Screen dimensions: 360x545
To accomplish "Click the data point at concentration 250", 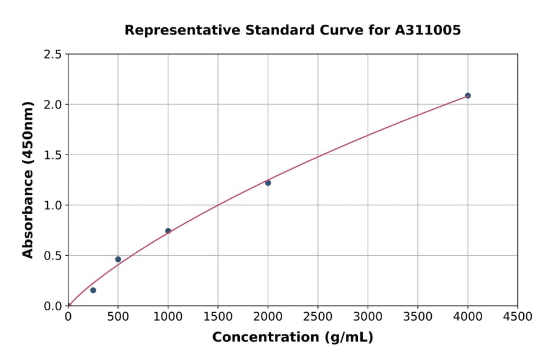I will (93, 290).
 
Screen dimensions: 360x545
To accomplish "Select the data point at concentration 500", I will (118, 259).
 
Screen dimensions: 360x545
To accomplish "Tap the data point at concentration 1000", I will (168, 231).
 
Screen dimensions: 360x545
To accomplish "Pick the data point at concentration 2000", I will (268, 183).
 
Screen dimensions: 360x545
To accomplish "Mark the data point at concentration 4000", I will (467, 96).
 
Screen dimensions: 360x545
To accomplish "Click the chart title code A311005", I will (428, 30).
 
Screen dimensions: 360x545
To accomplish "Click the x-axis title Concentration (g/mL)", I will (292, 338).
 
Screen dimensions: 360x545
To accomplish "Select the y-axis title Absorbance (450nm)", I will (28, 180).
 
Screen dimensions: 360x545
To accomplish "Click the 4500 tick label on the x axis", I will (517, 317).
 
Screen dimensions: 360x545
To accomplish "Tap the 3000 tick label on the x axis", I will (368, 317).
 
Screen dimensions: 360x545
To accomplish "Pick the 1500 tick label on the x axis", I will (218, 317).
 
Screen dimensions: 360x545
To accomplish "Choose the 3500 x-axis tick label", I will (418, 317).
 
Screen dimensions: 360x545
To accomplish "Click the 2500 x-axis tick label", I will (318, 317).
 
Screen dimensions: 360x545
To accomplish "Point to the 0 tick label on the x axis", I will (68, 317).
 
